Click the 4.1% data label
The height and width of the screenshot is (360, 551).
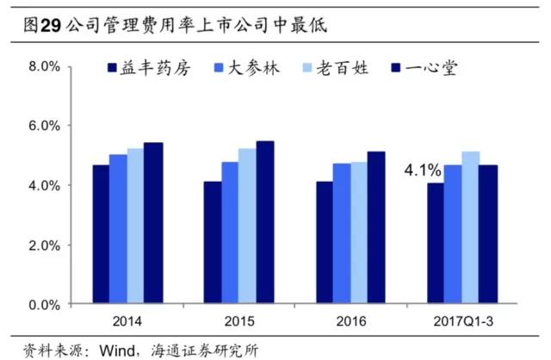pyautogui.click(x=420, y=171)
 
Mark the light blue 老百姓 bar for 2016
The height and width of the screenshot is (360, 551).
pyautogui.click(x=358, y=233)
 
